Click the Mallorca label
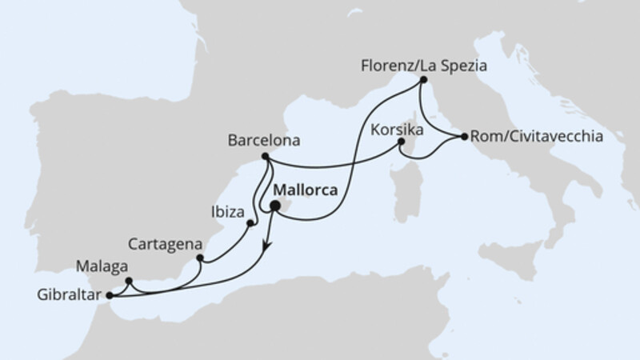(x=305, y=192)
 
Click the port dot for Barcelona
(x=265, y=158)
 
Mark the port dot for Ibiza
(x=250, y=223)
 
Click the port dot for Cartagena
(x=199, y=258)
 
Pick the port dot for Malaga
(x=129, y=280)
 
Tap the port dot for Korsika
(x=402, y=143)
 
